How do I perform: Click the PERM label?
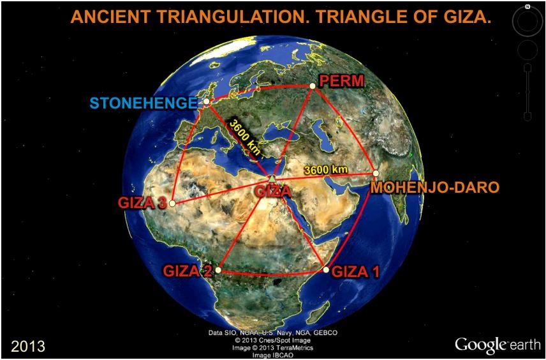click(342, 81)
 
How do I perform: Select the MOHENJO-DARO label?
click(435, 188)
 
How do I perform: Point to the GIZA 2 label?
click(188, 271)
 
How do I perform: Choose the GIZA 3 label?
click(142, 203)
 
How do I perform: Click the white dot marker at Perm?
click(313, 86)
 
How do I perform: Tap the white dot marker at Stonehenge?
click(207, 101)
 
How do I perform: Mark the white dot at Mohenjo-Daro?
click(376, 173)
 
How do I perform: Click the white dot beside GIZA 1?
click(326, 269)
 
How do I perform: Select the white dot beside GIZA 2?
click(218, 270)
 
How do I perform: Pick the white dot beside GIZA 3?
click(172, 203)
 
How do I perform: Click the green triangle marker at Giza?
click(272, 178)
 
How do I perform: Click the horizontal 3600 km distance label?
click(325, 170)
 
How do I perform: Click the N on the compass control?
click(528, 6)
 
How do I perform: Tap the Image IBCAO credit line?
click(272, 355)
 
